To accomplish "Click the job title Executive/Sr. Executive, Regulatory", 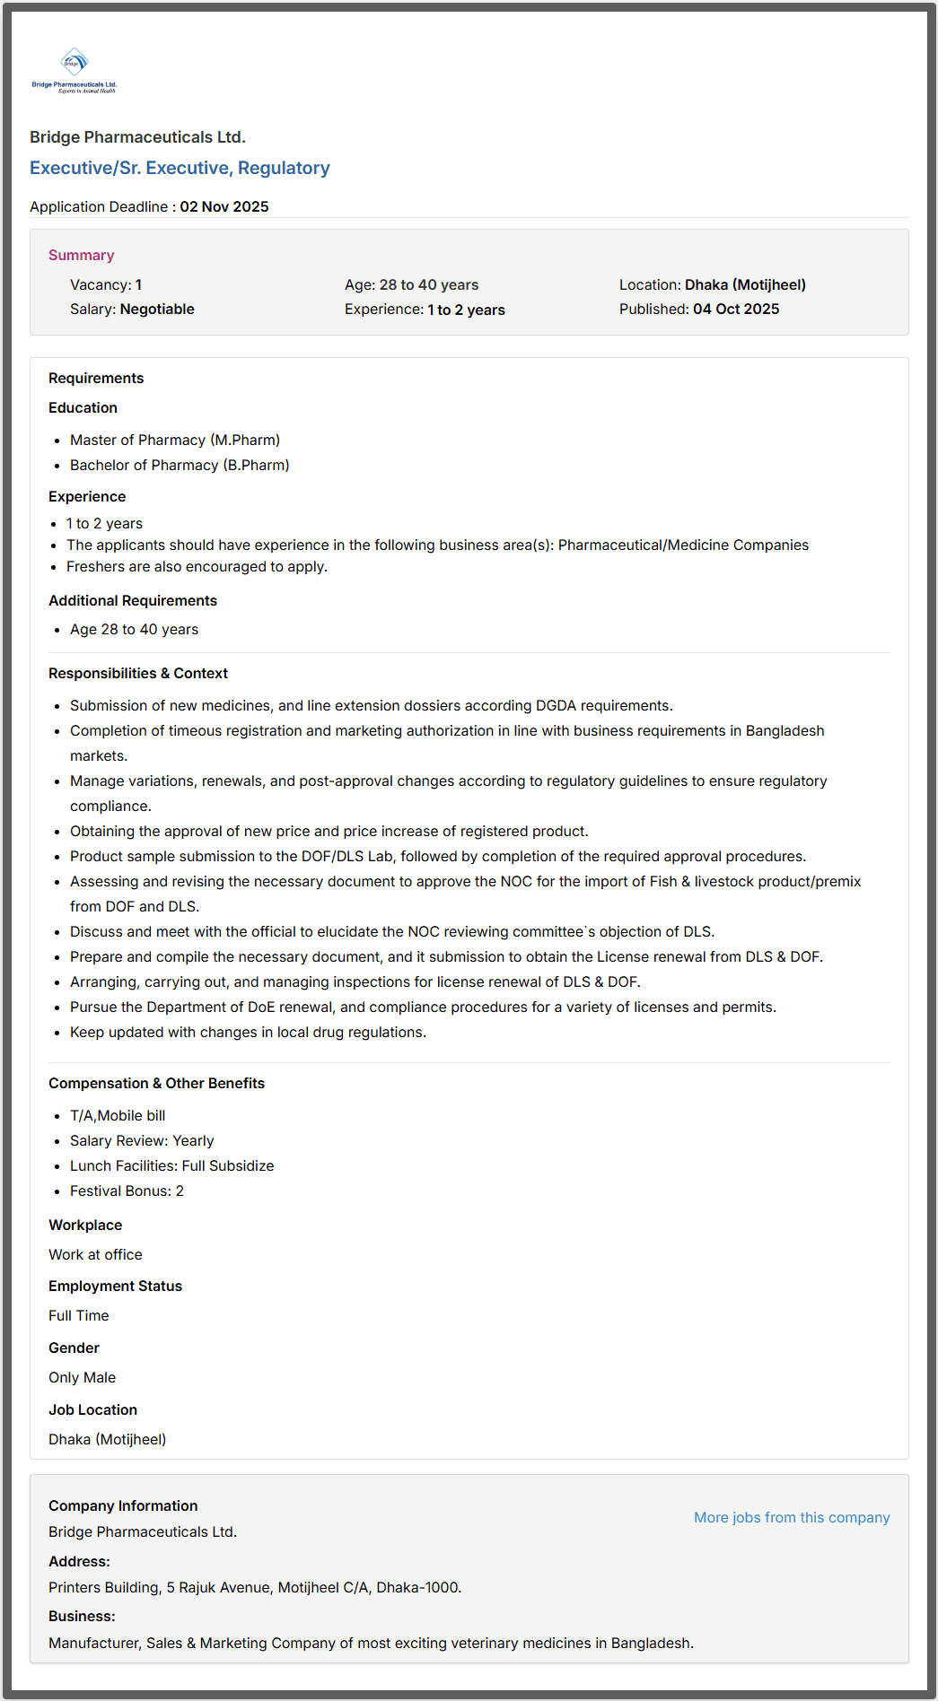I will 180,168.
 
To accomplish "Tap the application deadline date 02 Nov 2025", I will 224,206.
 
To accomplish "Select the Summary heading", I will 81,255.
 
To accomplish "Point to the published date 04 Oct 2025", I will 736,309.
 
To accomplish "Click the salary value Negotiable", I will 157,309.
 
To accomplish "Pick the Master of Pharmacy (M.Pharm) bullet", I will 175,440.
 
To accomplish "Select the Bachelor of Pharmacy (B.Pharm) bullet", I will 180,465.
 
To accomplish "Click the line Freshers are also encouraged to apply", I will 197,566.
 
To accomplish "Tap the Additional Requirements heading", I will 133,600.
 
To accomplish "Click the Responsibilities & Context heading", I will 138,673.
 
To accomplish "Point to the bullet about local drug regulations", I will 248,1032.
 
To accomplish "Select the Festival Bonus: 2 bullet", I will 127,1191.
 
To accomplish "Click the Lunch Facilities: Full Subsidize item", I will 171,1165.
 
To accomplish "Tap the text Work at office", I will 95,1254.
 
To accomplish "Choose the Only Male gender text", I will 82,1377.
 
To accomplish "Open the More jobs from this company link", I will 792,1517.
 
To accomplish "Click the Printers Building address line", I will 255,1587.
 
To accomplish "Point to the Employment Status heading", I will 115,1286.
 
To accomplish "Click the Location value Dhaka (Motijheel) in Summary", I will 745,284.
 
